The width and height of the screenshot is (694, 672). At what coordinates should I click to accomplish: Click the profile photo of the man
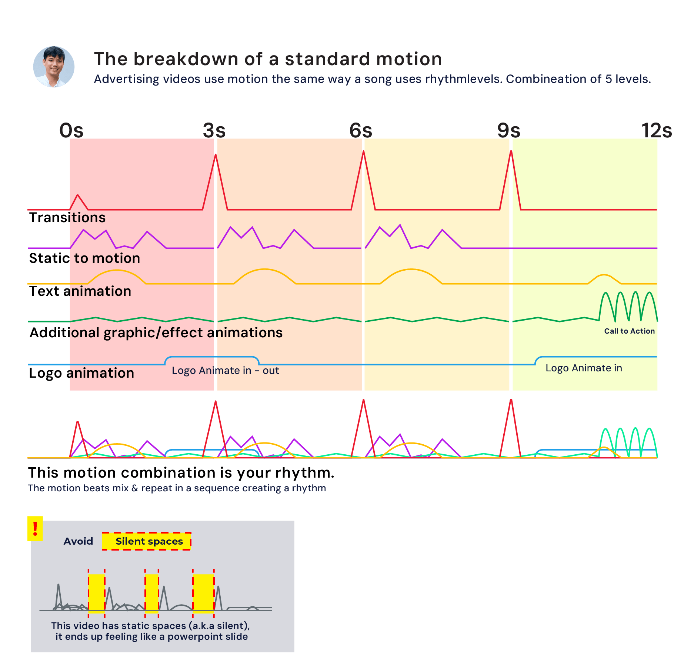[x=54, y=67]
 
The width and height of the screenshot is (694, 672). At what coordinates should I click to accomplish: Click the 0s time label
[x=71, y=131]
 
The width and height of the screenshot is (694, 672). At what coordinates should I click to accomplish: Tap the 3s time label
[x=214, y=131]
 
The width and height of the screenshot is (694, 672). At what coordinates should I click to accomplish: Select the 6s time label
[x=361, y=131]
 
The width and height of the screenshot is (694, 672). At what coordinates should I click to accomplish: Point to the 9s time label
[x=508, y=131]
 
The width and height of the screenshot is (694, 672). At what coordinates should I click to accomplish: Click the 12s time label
[x=656, y=131]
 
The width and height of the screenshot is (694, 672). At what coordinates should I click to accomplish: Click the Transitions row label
[x=67, y=218]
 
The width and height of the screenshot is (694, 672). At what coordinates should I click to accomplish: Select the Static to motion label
[x=84, y=258]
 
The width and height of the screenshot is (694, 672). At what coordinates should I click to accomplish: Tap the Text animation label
[x=80, y=291]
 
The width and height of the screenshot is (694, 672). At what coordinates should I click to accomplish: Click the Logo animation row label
[x=81, y=373]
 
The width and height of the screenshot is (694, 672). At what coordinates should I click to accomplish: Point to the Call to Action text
[x=629, y=331]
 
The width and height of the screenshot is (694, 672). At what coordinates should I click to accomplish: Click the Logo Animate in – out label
[x=225, y=371]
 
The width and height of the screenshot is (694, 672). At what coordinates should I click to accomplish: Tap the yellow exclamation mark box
[x=35, y=529]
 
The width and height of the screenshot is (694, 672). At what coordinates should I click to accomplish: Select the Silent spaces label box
[x=147, y=541]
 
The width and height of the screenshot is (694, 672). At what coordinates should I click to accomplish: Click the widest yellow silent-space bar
[x=203, y=593]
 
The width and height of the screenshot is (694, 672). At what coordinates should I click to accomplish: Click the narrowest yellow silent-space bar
[x=151, y=593]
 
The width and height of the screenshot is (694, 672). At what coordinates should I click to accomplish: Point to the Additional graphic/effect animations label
[x=156, y=333]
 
